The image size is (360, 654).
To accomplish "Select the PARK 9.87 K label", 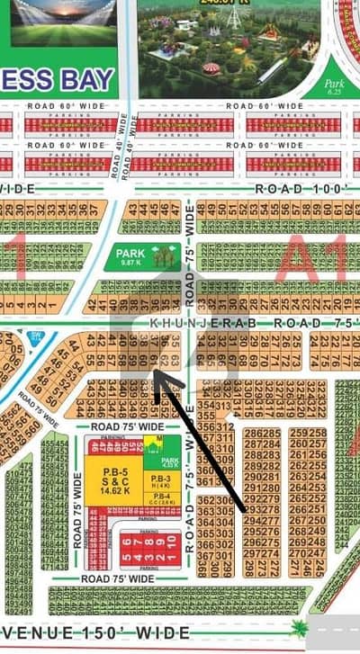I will pos(130,257).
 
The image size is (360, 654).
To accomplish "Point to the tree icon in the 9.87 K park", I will pos(164,256).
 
